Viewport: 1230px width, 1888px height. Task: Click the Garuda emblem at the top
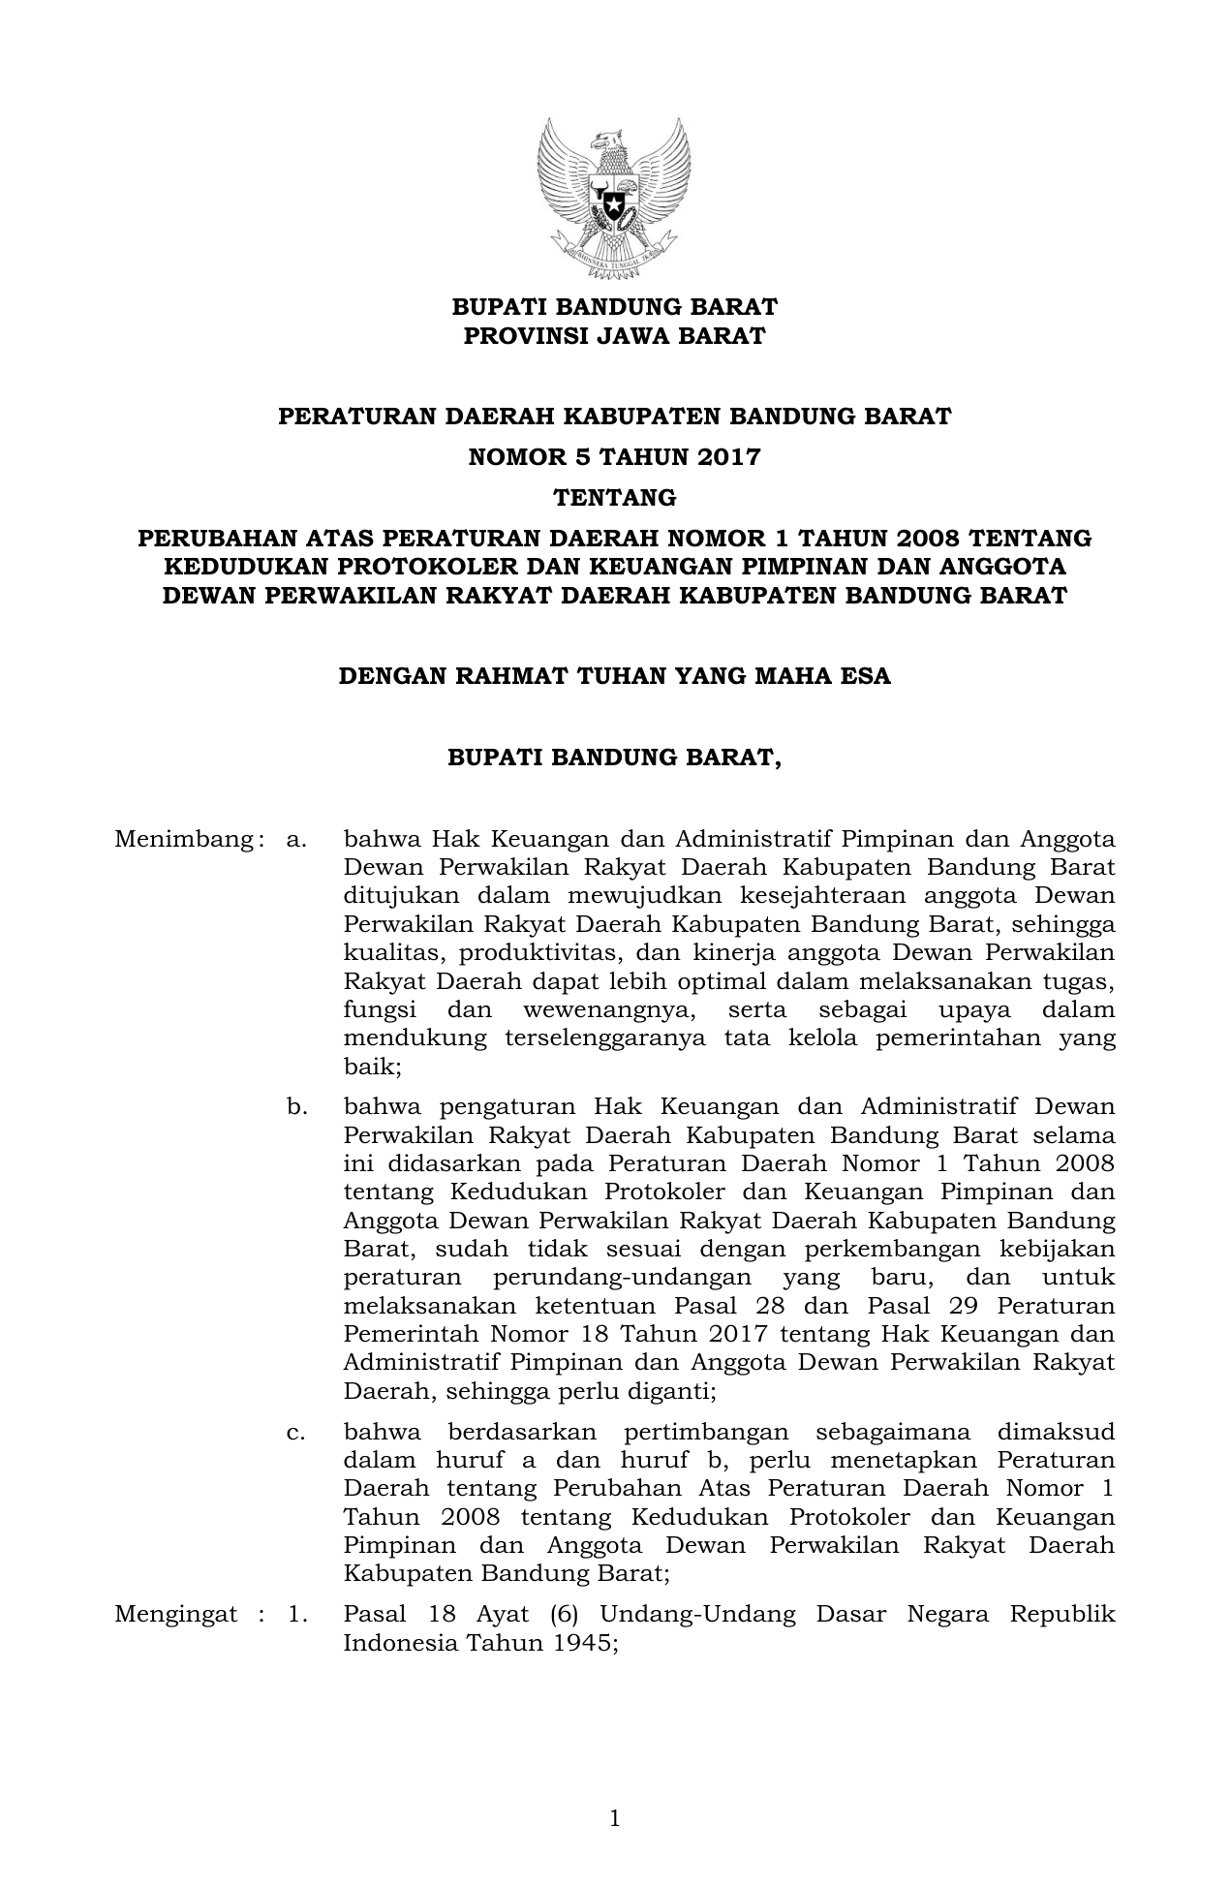614,193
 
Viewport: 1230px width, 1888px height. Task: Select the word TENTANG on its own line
614,498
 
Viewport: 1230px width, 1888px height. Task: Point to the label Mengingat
175,1615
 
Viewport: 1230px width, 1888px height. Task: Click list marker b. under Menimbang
296,1106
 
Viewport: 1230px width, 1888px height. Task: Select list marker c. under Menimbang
296,1432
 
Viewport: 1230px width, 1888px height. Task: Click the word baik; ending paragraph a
372,1067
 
